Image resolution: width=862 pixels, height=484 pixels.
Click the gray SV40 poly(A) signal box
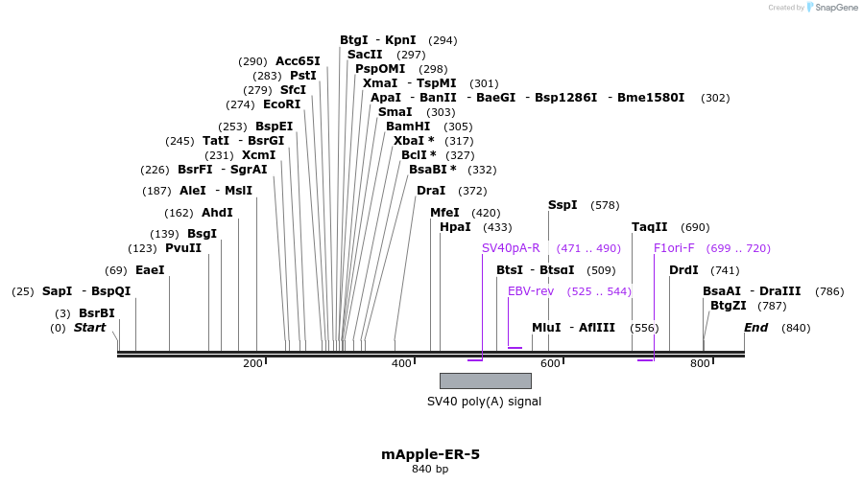coord(485,380)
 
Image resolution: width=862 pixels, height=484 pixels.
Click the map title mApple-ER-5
coord(430,453)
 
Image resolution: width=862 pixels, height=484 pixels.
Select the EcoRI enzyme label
coord(281,104)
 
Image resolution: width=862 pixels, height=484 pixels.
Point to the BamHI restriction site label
coord(408,127)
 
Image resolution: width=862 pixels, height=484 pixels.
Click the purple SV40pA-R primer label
coord(511,248)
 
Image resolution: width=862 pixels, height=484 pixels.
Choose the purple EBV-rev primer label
coord(531,291)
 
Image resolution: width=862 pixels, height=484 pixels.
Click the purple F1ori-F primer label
coord(674,248)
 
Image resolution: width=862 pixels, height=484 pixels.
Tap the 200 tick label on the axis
coord(252,363)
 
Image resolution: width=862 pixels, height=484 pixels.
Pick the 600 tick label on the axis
coord(550,363)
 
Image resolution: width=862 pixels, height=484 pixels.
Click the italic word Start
coord(89,328)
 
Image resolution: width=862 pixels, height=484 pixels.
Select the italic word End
coord(756,328)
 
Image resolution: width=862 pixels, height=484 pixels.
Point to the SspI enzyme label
coord(563,205)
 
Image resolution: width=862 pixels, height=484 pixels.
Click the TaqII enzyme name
coord(649,227)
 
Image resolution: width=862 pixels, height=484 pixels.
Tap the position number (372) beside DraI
coord(471,191)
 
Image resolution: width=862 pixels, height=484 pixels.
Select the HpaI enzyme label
coord(455,227)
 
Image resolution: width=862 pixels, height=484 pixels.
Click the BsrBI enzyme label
coord(96,313)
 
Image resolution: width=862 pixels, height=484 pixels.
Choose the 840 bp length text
coord(430,469)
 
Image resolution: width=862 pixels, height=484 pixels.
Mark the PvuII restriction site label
coord(183,248)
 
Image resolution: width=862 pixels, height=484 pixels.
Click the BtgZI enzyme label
coord(728,306)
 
